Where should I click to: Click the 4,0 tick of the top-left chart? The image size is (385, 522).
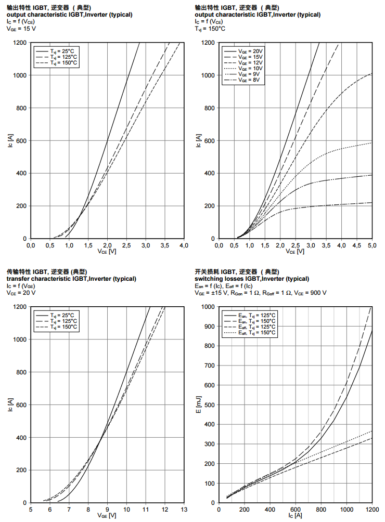[184, 245]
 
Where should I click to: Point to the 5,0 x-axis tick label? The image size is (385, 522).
[372, 245]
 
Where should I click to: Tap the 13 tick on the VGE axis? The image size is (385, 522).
[184, 509]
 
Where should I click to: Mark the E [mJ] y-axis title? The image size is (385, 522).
[199, 405]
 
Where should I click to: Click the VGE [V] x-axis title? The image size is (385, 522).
[107, 516]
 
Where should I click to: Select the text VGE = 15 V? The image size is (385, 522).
[21, 29]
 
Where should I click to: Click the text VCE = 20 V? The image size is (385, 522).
[21, 293]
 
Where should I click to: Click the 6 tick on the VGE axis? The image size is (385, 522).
[50, 509]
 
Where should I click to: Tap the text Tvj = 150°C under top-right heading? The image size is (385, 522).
[210, 29]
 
